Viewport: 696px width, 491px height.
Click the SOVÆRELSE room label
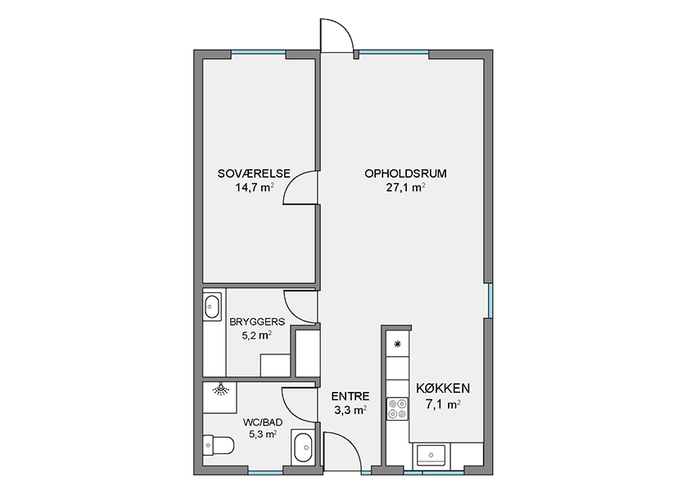(x=254, y=173)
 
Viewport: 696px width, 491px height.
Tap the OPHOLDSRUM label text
(x=405, y=173)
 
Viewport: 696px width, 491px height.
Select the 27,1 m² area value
(x=405, y=187)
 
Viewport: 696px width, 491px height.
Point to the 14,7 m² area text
(x=255, y=187)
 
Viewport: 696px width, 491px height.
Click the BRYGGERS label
(x=257, y=322)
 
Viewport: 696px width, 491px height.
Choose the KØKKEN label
(x=443, y=389)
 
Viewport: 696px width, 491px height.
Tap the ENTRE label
(x=350, y=396)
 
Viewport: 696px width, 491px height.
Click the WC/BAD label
(x=263, y=422)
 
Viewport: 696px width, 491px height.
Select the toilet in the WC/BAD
(x=219, y=445)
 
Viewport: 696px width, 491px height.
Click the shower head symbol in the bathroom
(x=220, y=389)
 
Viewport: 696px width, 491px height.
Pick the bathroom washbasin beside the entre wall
(x=304, y=448)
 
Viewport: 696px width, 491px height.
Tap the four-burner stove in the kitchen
(x=397, y=408)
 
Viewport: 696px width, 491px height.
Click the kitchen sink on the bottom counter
(x=431, y=455)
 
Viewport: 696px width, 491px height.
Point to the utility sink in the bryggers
(x=212, y=306)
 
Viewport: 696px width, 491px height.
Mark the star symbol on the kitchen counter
(x=398, y=344)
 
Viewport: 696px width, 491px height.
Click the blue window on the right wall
(x=490, y=300)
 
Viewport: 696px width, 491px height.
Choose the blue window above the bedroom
(x=258, y=52)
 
